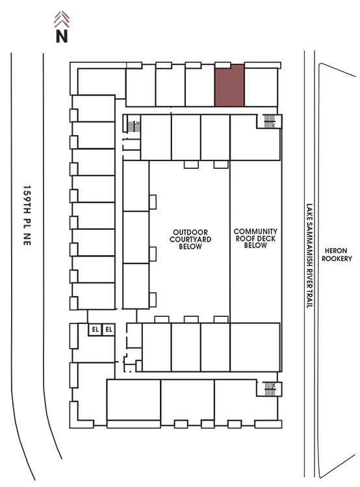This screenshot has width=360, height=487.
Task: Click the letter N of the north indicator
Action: [62, 36]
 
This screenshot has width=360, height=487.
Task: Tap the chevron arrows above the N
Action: [62, 19]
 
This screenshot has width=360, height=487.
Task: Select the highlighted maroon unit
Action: [229, 85]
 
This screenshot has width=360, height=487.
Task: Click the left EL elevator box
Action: [95, 329]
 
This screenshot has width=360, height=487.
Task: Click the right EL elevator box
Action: [109, 329]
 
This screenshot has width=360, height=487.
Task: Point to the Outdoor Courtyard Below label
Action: [190, 239]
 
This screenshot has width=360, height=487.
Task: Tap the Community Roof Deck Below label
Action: [255, 238]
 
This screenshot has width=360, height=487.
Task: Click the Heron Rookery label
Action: [337, 255]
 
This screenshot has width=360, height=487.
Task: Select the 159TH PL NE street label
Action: [27, 215]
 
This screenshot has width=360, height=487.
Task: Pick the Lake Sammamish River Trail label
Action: [309, 256]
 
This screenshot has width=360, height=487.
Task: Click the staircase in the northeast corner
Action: [269, 121]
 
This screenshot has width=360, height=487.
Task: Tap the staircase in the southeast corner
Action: [270, 389]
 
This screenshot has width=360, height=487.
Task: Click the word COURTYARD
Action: [190, 239]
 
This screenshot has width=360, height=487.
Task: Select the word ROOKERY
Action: [337, 258]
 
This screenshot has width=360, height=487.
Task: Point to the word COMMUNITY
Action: [255, 231]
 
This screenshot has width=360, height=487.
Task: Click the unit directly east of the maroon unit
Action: [261, 87]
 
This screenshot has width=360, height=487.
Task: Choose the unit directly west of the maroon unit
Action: [200, 85]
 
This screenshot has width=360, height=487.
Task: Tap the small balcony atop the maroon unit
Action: [223, 65]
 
